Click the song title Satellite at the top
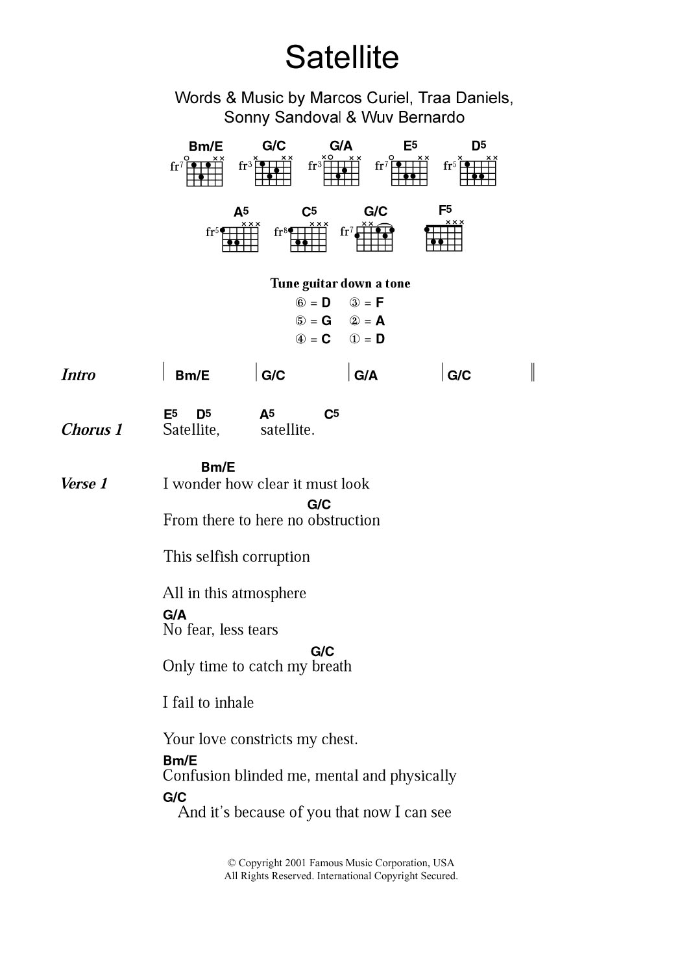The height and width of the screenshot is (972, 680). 342,57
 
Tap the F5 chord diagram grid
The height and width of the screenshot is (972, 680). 444,237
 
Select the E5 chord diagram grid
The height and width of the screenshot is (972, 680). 410,173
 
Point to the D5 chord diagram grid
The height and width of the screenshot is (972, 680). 479,173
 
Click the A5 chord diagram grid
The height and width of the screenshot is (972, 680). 241,238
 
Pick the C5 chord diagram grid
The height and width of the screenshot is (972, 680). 309,238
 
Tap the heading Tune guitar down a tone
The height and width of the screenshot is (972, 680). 340,284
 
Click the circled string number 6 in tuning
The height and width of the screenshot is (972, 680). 300,302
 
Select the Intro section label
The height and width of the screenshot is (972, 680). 78,375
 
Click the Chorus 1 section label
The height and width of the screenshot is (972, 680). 91,430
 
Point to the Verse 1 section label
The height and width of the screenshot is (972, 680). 84,483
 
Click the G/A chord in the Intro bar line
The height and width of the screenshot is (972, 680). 366,376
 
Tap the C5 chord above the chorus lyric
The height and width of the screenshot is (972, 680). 331,414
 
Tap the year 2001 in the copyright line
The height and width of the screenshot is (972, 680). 295,863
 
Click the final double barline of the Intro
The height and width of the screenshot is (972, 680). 533,372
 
